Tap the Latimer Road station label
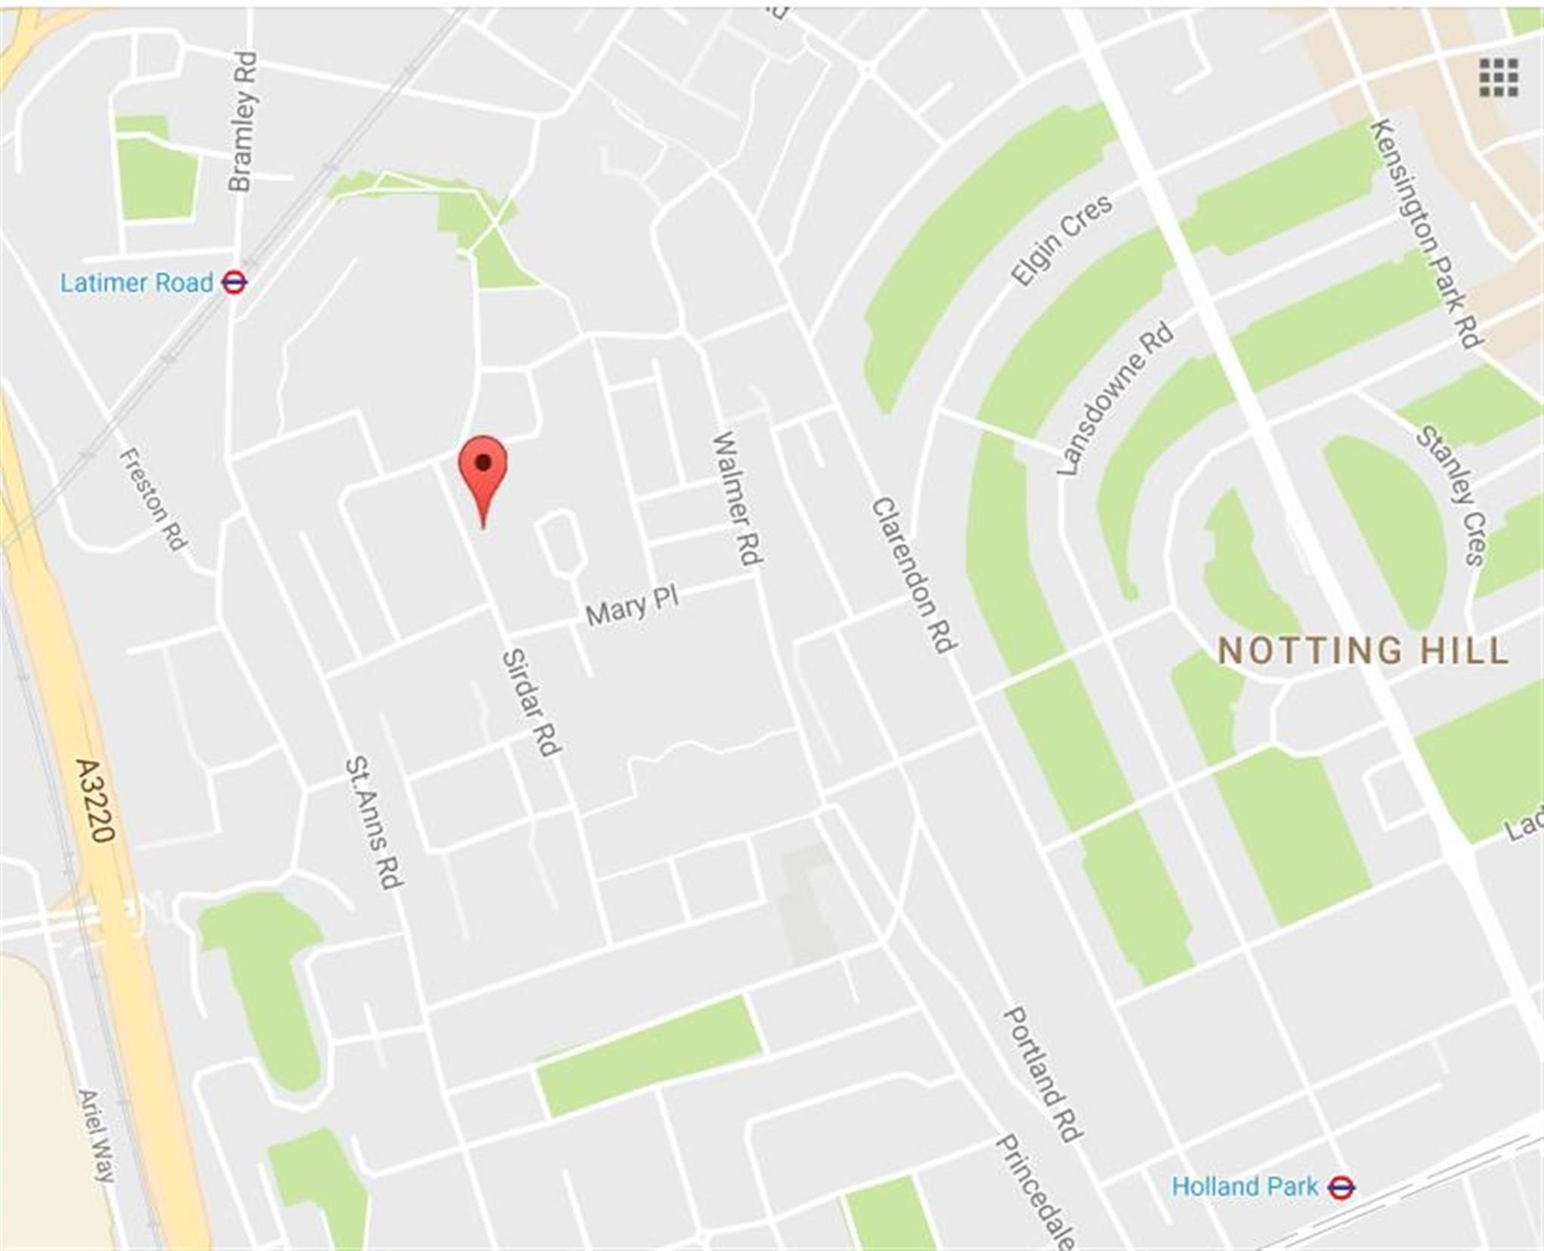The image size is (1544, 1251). pos(136,283)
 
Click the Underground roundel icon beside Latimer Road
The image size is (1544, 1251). pos(234,283)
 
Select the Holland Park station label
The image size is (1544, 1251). pos(1245,1186)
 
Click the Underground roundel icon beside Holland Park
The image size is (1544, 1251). pos(1341,1188)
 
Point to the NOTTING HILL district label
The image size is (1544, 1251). pos(1363,650)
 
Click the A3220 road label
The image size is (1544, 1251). pos(96,800)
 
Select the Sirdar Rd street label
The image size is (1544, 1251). pos(531,702)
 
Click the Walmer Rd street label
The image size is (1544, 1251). pos(738,498)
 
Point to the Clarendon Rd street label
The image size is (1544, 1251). pos(914,575)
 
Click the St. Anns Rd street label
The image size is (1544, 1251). pos(374,823)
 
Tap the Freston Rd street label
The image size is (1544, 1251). pos(154,498)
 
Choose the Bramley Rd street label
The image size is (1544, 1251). pos(242,121)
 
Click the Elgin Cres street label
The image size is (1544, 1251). pos(1061,240)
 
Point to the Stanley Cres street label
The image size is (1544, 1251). pos(1452,495)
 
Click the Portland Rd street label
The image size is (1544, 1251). pos(1042,1074)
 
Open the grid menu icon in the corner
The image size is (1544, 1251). pos(1498,78)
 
